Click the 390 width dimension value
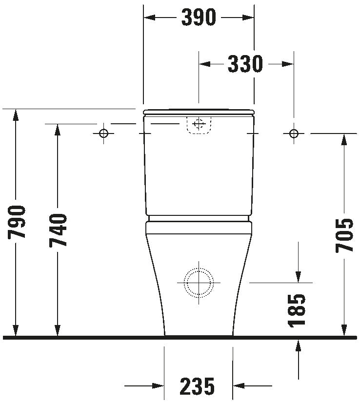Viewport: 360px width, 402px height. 199,18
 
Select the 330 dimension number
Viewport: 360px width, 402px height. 245,64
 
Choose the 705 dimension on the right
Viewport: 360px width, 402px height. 344,235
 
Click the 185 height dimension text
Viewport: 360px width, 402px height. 298,309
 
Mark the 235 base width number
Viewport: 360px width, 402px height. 198,387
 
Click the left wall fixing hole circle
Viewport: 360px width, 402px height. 103,133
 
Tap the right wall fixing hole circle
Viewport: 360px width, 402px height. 294,133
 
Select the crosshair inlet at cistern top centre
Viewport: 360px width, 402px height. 198,124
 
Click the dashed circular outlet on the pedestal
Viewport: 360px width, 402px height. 198,283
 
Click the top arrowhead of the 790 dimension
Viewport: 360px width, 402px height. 16,115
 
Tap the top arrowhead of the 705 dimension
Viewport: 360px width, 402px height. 344,139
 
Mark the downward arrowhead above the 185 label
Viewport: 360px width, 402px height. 298,276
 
